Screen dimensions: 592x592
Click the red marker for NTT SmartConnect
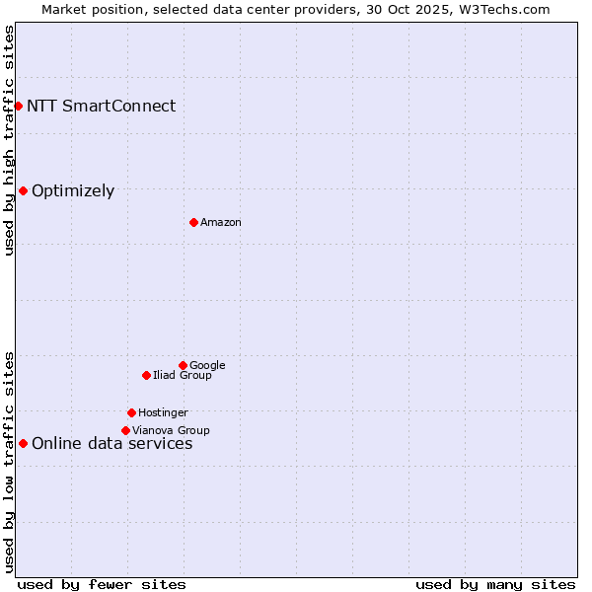point(18,106)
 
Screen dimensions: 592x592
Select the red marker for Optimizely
point(23,190)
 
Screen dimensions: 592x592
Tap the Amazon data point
point(193,222)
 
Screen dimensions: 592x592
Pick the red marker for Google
point(183,365)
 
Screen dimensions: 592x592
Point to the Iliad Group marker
point(146,375)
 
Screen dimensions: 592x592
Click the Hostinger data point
point(131,412)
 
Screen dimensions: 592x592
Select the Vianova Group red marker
point(125,430)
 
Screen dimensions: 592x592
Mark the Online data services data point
point(23,443)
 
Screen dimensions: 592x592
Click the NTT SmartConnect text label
point(101,107)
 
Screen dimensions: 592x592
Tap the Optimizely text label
point(73,191)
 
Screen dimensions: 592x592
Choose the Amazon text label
point(221,223)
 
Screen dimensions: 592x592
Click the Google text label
point(207,366)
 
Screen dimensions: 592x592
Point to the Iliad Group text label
point(183,376)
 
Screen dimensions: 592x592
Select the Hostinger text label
point(163,413)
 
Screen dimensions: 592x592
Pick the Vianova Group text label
point(171,431)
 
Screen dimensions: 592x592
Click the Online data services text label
point(111,444)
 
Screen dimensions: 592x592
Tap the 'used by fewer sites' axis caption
point(102,584)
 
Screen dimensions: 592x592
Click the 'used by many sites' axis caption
point(495,584)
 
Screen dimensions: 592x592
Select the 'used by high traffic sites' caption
point(9,140)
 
